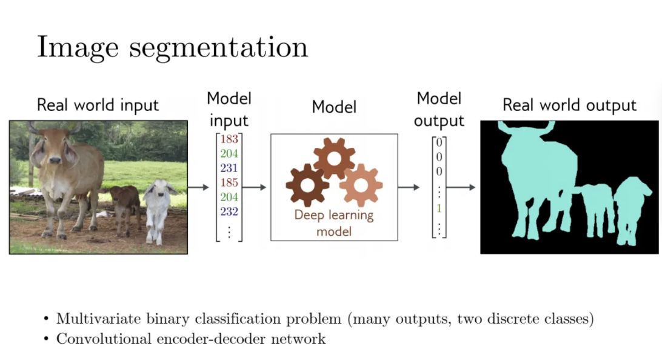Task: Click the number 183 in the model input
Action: [229, 139]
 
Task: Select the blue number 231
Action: [229, 168]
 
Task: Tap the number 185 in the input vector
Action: [229, 182]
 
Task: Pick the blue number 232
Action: [229, 212]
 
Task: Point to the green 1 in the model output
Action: [440, 208]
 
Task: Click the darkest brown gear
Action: [307, 184]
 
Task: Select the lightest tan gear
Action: [361, 184]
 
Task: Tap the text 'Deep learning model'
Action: [334, 222]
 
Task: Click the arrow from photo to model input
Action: [198, 187]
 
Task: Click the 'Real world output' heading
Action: [569, 105]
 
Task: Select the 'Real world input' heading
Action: [98, 105]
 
